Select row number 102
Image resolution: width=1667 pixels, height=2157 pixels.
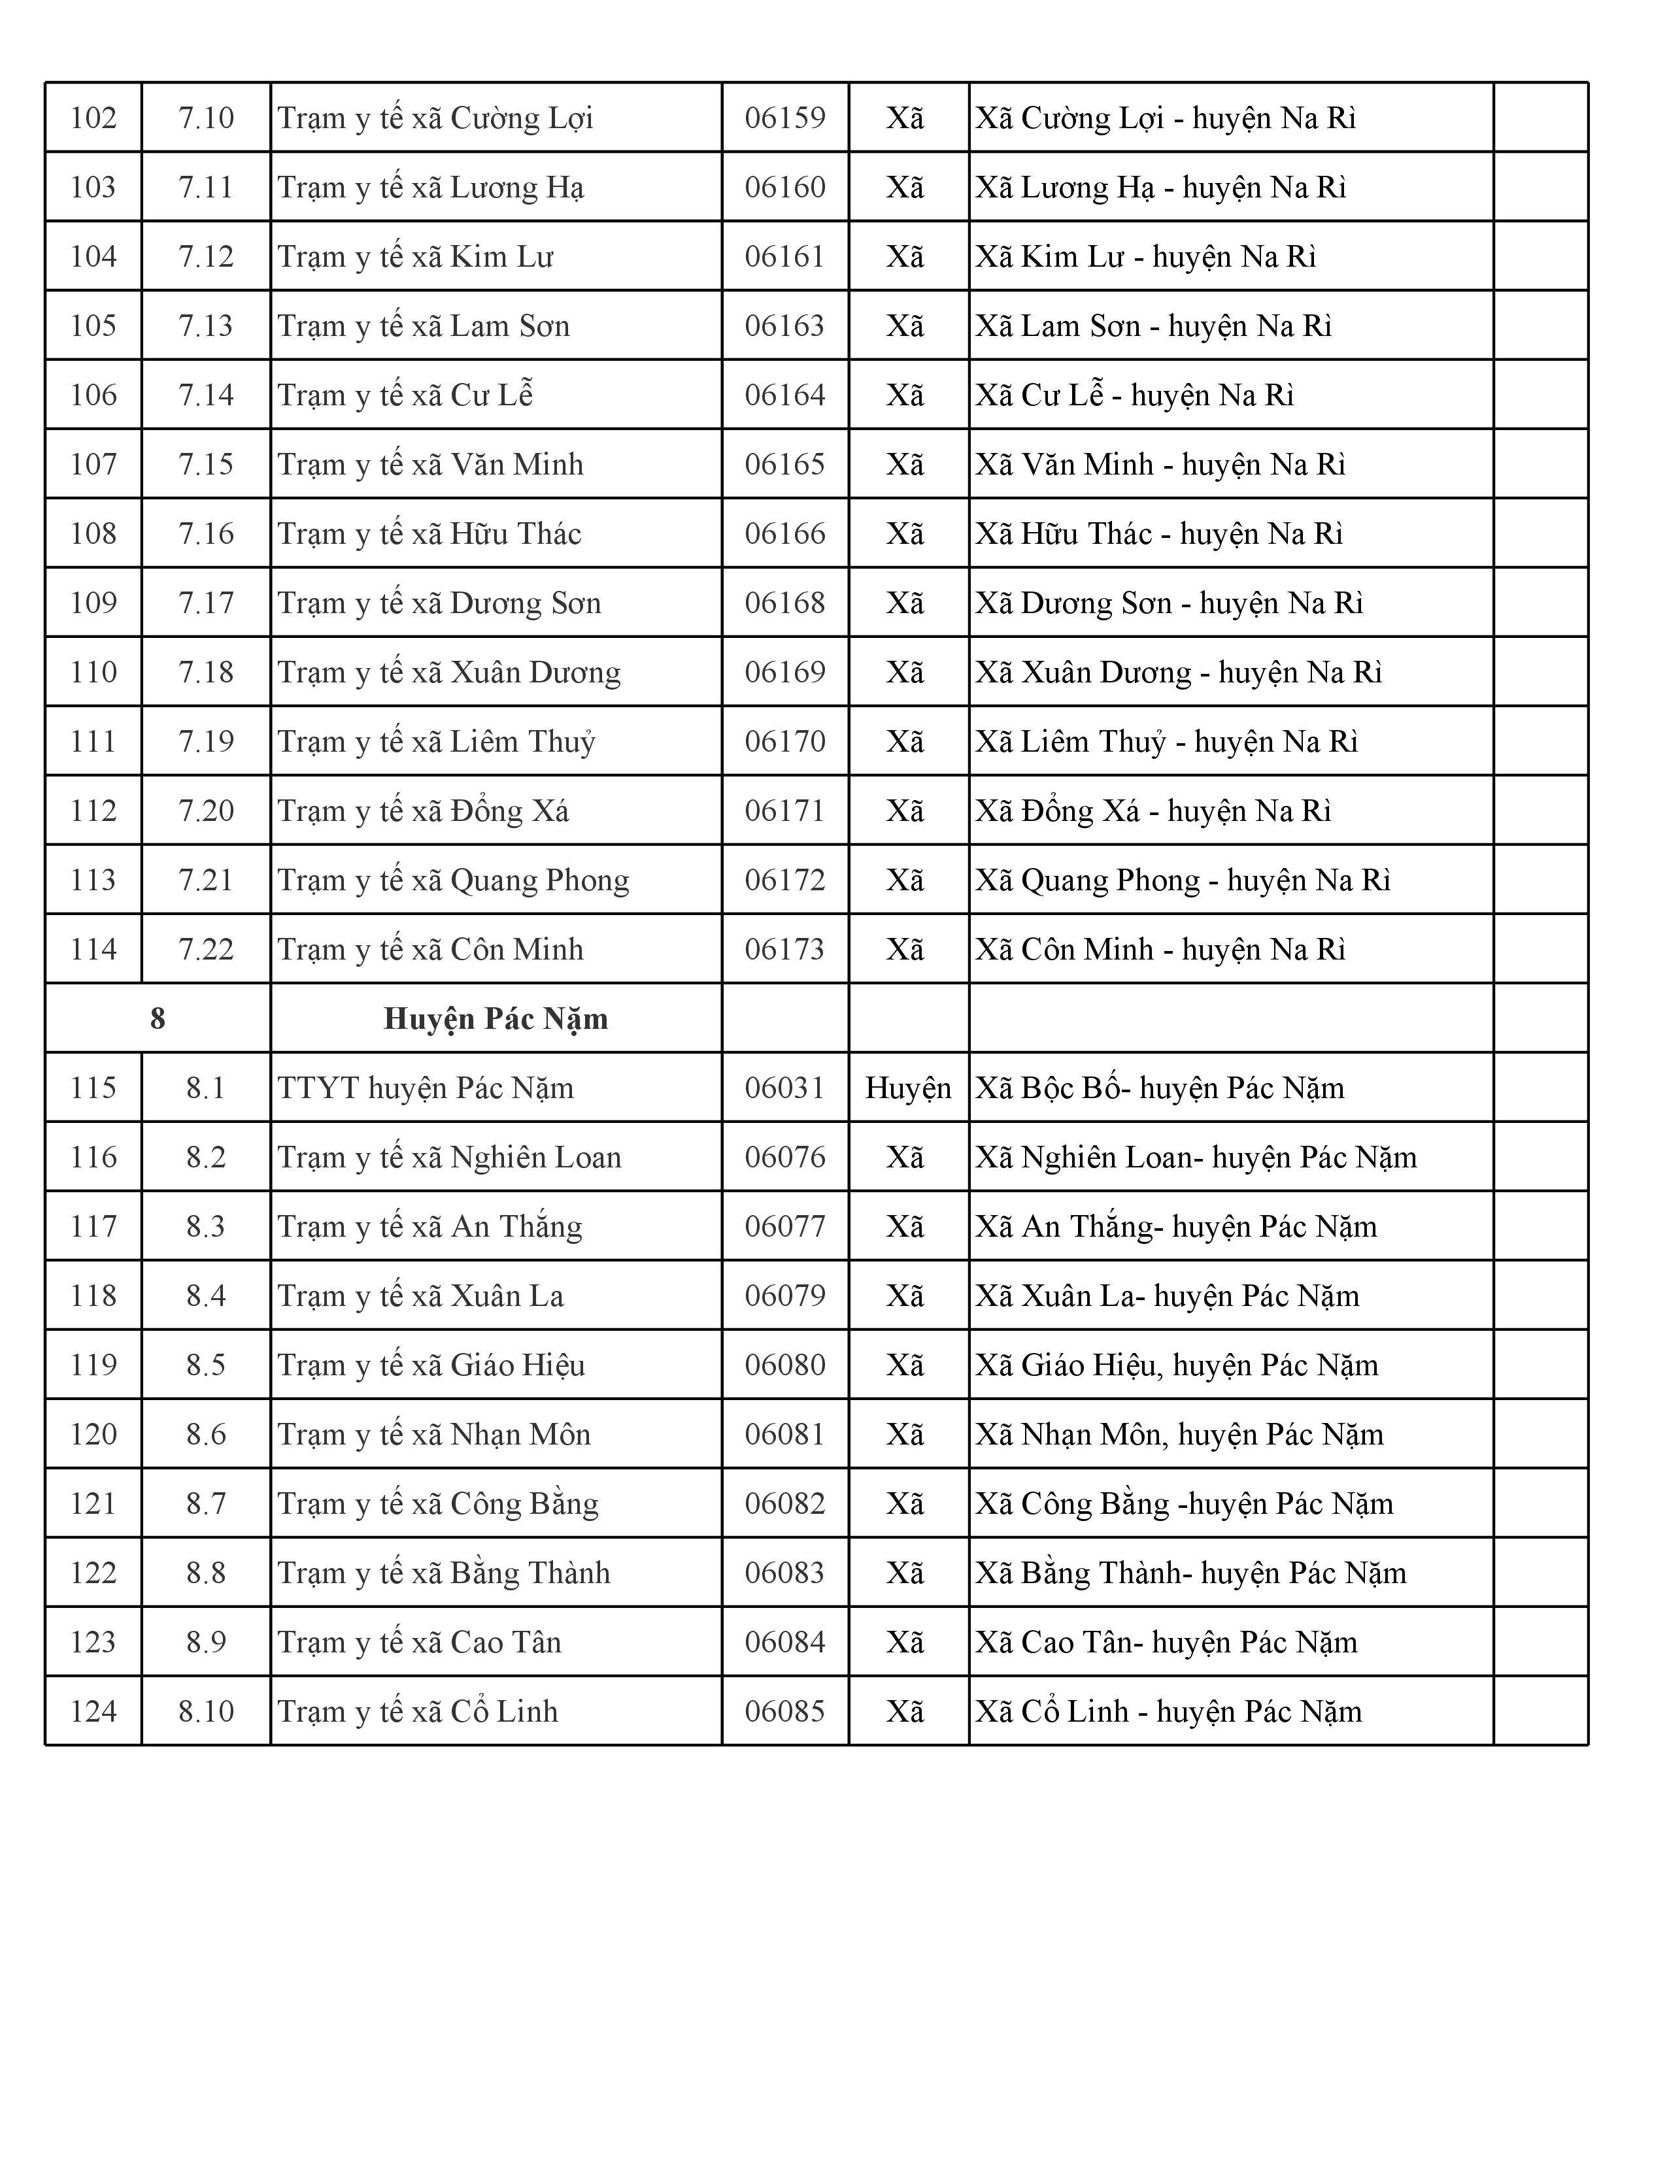pyautogui.click(x=93, y=118)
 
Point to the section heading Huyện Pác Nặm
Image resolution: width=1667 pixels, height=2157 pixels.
pyautogui.click(x=495, y=1019)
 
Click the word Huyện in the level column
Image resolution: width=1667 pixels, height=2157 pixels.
pyautogui.click(x=907, y=1088)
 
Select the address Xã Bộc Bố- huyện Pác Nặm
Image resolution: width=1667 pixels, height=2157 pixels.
pyautogui.click(x=1160, y=1088)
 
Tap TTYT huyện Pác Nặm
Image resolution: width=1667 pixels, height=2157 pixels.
pyautogui.click(x=425, y=1088)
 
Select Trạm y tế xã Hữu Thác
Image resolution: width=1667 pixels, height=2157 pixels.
pyautogui.click(x=429, y=534)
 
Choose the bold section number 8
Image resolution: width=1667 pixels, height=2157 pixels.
pyautogui.click(x=157, y=1019)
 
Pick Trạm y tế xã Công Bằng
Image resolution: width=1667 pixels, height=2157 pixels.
pyautogui.click(x=437, y=1504)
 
